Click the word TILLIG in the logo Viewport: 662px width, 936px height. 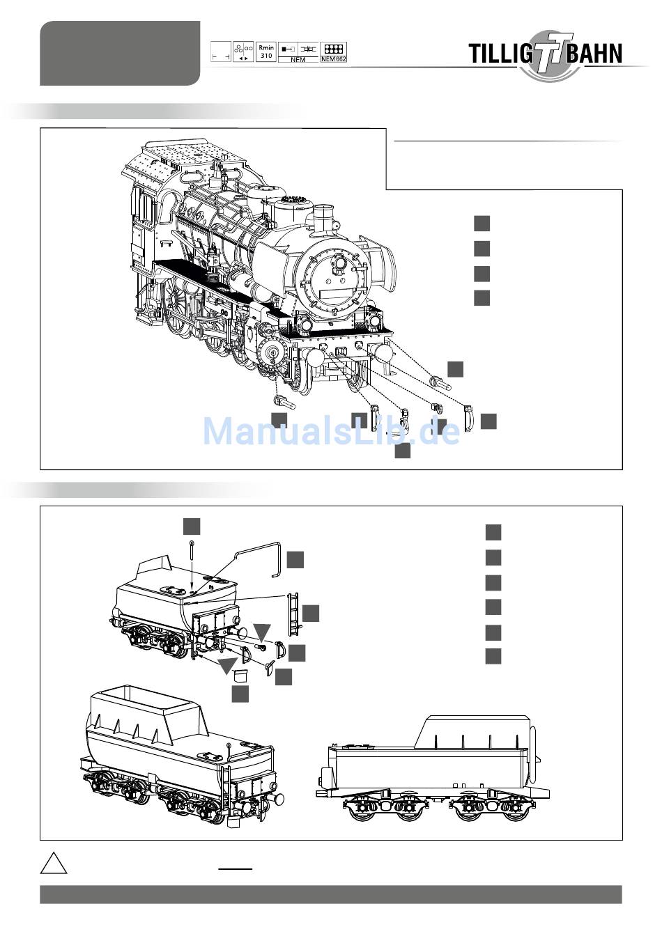click(x=500, y=54)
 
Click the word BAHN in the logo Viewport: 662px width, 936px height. click(x=594, y=54)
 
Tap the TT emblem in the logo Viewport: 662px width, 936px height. click(x=549, y=54)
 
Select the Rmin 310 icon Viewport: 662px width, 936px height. click(x=266, y=52)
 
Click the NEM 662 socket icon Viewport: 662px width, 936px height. click(x=333, y=52)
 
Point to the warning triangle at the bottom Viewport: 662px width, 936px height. click(x=54, y=864)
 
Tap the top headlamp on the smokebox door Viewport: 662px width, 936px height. click(x=339, y=262)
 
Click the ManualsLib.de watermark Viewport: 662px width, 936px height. click(x=331, y=431)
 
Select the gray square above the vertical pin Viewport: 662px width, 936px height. click(x=192, y=526)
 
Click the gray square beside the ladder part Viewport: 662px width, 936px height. click(x=311, y=613)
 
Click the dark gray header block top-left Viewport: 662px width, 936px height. click(x=120, y=53)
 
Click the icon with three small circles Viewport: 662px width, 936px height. click(x=243, y=52)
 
